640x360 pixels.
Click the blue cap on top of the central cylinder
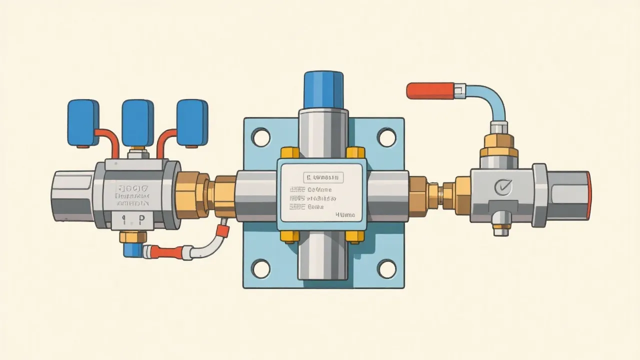tap(323, 90)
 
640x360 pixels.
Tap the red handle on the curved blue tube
tap(429, 90)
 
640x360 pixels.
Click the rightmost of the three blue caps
tap(192, 123)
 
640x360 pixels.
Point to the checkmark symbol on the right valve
tap(501, 188)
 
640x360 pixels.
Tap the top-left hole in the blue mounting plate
tap(260, 137)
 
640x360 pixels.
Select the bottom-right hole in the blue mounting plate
tap(386, 268)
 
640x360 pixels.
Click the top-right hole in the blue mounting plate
tap(386, 137)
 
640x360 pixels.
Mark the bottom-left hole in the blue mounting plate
tap(260, 268)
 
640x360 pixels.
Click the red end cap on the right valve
tap(588, 195)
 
